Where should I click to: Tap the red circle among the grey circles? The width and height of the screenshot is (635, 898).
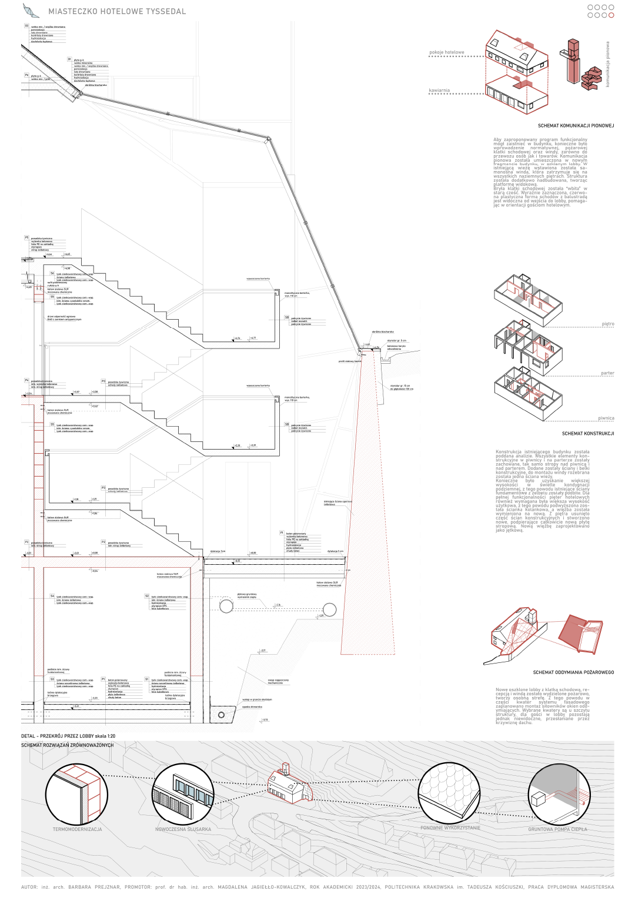(x=611, y=15)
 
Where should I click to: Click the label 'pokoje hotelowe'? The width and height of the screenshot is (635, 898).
(x=446, y=52)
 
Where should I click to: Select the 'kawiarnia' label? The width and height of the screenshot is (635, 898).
(x=439, y=91)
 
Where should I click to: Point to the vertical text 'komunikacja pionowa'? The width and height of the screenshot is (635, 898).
(x=608, y=64)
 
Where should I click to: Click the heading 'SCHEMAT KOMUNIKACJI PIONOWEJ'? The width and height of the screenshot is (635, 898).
(x=576, y=126)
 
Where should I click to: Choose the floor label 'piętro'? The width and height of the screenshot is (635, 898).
(x=608, y=324)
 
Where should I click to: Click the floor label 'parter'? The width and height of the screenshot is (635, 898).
(x=607, y=373)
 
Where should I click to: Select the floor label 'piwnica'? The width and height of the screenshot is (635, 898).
(x=606, y=418)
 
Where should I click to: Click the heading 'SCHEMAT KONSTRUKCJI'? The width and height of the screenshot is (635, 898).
(x=587, y=434)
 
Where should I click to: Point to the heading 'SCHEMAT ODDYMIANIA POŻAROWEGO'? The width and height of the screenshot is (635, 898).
(x=573, y=672)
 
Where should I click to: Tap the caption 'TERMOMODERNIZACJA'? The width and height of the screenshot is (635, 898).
(x=78, y=829)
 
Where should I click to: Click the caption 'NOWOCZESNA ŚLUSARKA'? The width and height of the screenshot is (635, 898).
(x=183, y=829)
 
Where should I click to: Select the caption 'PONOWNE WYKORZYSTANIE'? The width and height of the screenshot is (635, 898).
(x=450, y=827)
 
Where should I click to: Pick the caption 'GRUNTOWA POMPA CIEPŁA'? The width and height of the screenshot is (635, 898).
(x=557, y=829)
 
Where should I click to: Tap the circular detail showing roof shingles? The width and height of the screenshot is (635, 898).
(x=449, y=793)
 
